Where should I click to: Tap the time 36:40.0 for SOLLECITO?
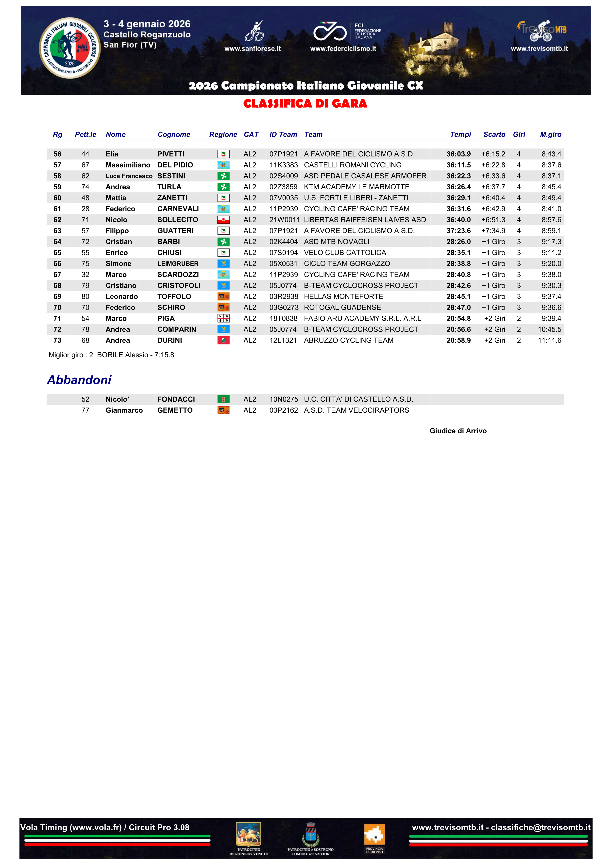tap(458, 220)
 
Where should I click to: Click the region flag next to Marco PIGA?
tap(223, 318)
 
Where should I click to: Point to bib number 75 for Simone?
tap(85, 263)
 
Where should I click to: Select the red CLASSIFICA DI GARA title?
tap(305, 103)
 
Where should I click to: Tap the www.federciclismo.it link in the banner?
tap(343, 49)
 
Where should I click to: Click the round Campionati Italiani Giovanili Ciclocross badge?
tap(70, 48)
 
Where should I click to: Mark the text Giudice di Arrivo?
tap(458, 431)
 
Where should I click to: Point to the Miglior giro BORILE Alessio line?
tap(111, 355)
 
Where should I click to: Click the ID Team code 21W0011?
tap(284, 220)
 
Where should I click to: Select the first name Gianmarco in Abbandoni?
tap(124, 410)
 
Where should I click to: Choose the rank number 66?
tap(57, 263)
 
